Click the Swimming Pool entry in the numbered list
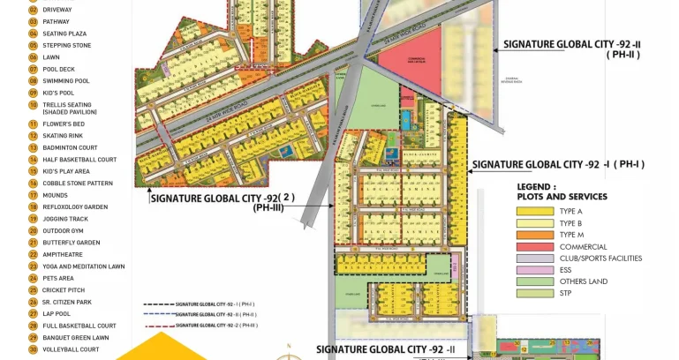pyautogui.click(x=66, y=81)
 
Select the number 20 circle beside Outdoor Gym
pyautogui.click(x=33, y=230)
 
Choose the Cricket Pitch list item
pyautogui.click(x=64, y=289)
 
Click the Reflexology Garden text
pyautogui.click(x=75, y=206)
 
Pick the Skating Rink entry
pyautogui.click(x=64, y=137)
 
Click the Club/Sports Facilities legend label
pyautogui.click(x=600, y=258)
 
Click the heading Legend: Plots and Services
pyautogui.click(x=562, y=191)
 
